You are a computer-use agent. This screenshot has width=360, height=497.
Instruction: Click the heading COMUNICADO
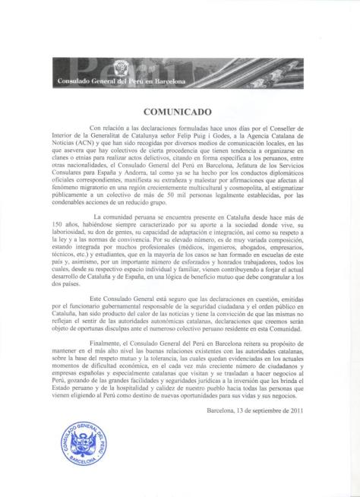coord(180,109)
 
